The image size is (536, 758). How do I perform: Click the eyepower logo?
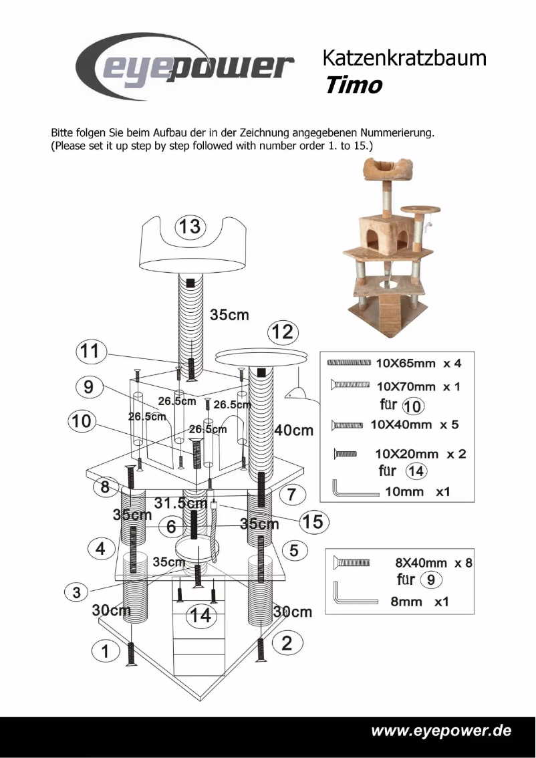(184, 67)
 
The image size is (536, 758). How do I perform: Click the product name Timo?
(354, 86)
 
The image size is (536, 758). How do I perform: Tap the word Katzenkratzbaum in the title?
(404, 58)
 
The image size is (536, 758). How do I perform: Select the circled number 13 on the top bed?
(190, 227)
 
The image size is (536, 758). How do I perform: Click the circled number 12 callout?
(283, 332)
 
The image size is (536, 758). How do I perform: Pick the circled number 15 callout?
(312, 521)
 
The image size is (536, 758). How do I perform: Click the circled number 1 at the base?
(105, 650)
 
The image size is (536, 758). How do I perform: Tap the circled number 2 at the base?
(287, 643)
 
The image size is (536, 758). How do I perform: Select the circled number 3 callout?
(77, 592)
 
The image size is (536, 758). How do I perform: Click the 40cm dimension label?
(293, 430)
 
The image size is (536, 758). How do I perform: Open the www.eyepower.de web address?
(441, 730)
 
